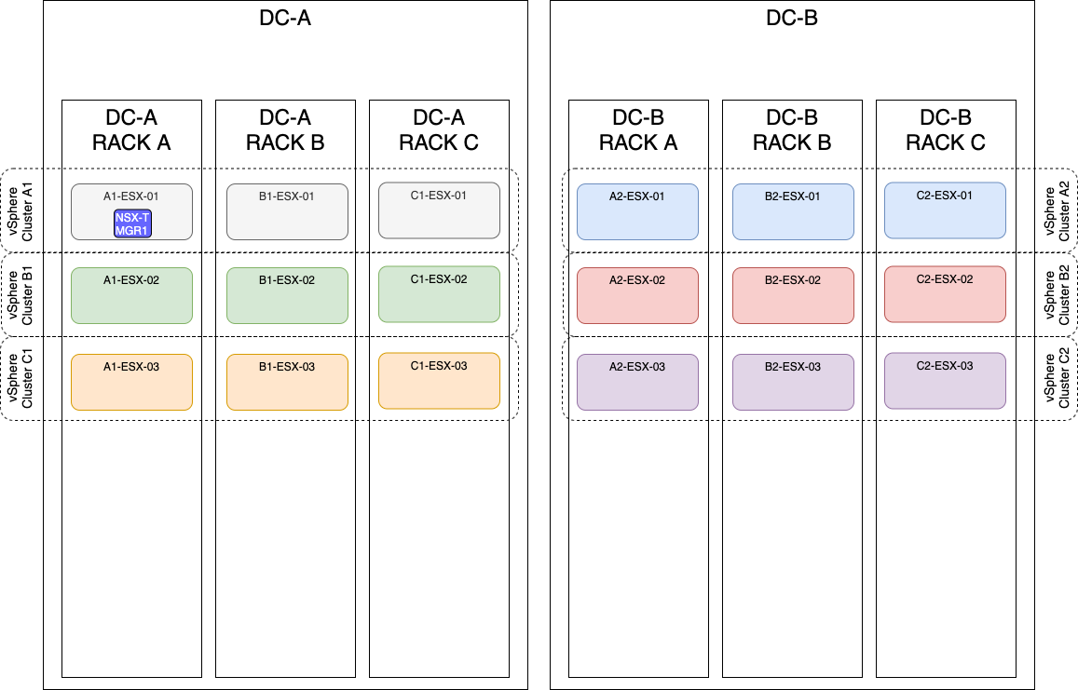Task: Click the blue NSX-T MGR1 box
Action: [132, 223]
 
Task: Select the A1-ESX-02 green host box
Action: [131, 296]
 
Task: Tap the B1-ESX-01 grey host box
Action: [287, 211]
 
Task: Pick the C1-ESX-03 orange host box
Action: [439, 380]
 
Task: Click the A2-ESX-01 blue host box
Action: [637, 211]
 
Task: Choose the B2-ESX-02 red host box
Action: [793, 296]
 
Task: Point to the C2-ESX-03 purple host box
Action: [945, 380]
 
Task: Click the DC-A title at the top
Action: [284, 19]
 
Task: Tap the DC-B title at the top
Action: [791, 19]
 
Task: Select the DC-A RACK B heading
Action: [285, 130]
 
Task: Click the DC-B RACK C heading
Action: [946, 130]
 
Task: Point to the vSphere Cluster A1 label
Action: [19, 210]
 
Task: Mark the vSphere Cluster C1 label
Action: [19, 379]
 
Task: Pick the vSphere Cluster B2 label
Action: [1058, 295]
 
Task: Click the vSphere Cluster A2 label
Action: [1058, 210]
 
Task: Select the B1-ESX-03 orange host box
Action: [287, 382]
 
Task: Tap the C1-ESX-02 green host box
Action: [439, 294]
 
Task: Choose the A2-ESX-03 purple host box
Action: [637, 382]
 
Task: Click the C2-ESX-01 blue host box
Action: [945, 210]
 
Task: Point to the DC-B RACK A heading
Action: [638, 130]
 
